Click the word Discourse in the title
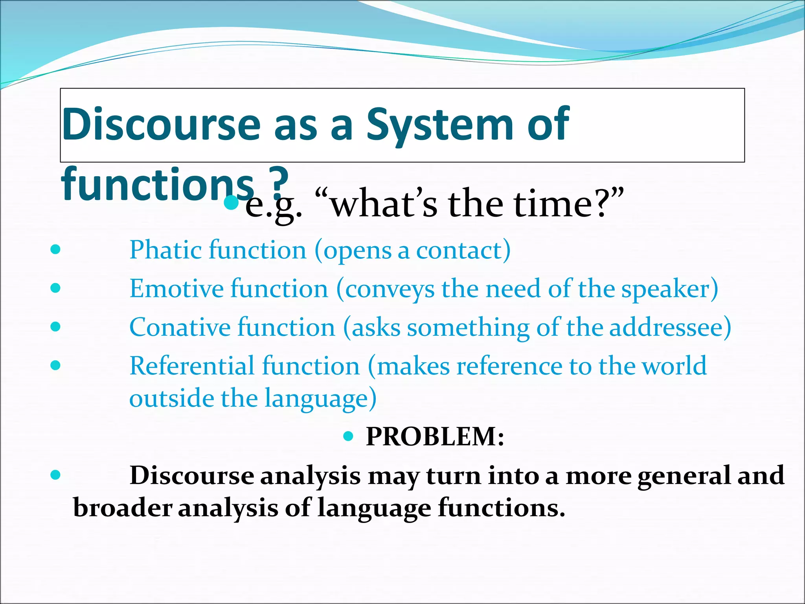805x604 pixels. click(x=161, y=124)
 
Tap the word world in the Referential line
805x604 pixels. click(x=674, y=366)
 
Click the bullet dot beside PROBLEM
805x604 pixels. click(x=349, y=436)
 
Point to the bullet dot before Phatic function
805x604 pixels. click(x=56, y=250)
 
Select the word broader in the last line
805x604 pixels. click(x=123, y=507)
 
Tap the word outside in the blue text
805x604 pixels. click(x=171, y=398)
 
